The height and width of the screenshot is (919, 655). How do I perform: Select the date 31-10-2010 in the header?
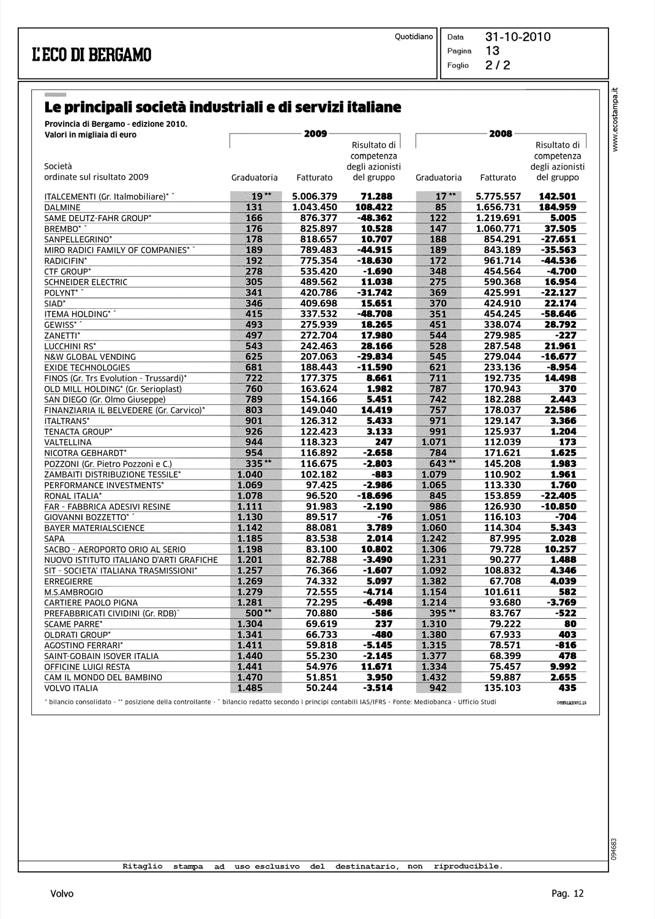point(518,37)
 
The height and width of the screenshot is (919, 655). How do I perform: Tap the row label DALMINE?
point(62,208)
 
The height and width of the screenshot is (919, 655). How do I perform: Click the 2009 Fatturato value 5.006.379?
point(315,197)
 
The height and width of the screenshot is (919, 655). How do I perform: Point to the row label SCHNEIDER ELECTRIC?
point(86,282)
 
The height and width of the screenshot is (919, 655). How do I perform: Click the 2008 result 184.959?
point(557,207)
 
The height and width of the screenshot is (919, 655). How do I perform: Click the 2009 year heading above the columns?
point(315,134)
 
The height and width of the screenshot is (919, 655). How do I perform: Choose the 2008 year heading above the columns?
point(501,134)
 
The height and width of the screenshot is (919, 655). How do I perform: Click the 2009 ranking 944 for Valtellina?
point(253,442)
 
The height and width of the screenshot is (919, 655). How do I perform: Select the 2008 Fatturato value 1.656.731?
point(498,207)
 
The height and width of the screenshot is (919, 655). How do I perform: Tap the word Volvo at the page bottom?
point(62,893)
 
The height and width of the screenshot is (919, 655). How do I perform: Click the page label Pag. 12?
point(567,893)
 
